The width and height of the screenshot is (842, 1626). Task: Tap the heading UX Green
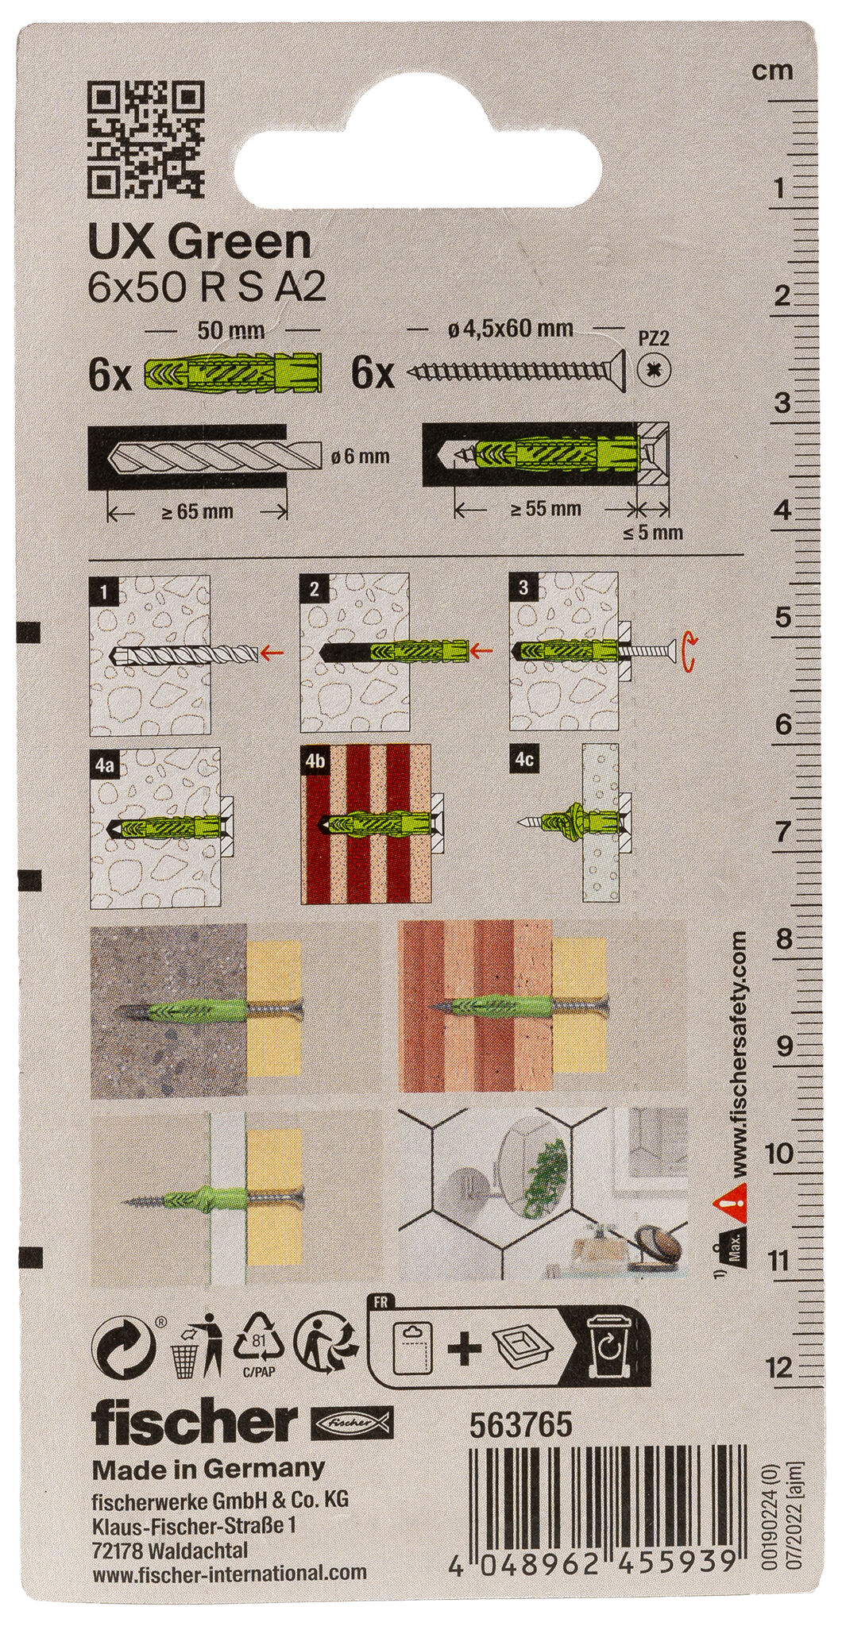tap(201, 242)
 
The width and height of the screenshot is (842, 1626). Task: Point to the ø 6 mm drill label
tap(358, 457)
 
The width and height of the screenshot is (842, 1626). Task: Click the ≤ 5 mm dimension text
tap(654, 533)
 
